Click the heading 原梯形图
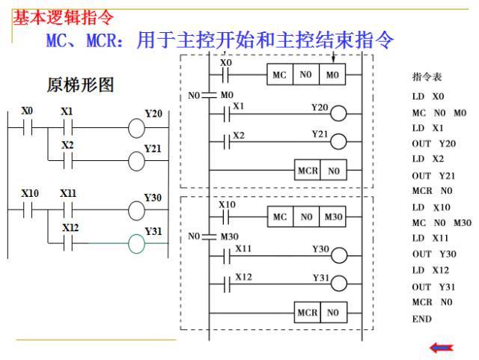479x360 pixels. click(x=80, y=85)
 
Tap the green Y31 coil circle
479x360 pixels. click(x=137, y=244)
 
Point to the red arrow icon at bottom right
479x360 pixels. click(x=441, y=347)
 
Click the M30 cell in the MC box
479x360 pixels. click(x=333, y=217)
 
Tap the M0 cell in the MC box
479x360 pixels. click(x=332, y=76)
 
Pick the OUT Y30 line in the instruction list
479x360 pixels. click(x=433, y=254)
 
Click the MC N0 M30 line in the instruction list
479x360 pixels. click(x=441, y=223)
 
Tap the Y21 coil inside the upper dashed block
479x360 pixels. click(x=338, y=142)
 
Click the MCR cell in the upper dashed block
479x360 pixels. click(x=308, y=171)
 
